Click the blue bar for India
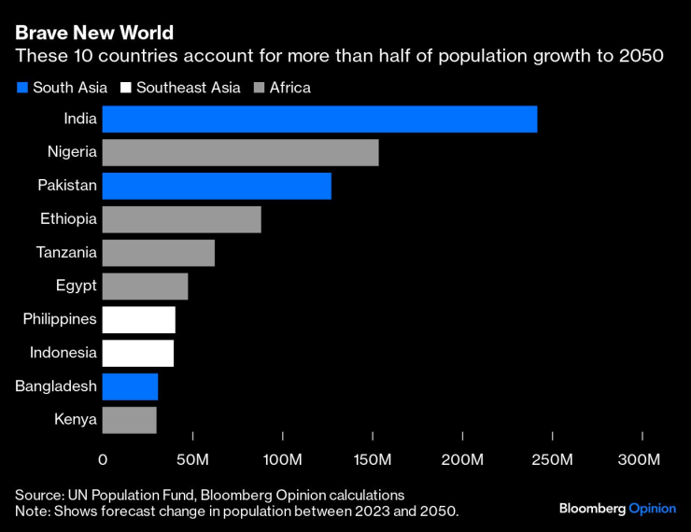[x=319, y=119]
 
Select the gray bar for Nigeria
[x=240, y=152]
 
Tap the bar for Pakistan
[x=217, y=186]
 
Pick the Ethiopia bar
[x=181, y=219]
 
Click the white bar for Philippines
[x=138, y=319]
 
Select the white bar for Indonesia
[x=137, y=353]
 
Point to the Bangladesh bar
[x=130, y=386]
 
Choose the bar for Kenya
[x=129, y=420]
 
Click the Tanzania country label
[x=66, y=252]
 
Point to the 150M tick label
[x=373, y=460]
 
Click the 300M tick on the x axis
[x=640, y=460]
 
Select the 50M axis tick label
[x=191, y=460]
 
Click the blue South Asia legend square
[x=21, y=88]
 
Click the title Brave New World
[x=93, y=33]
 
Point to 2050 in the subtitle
[x=642, y=57]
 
